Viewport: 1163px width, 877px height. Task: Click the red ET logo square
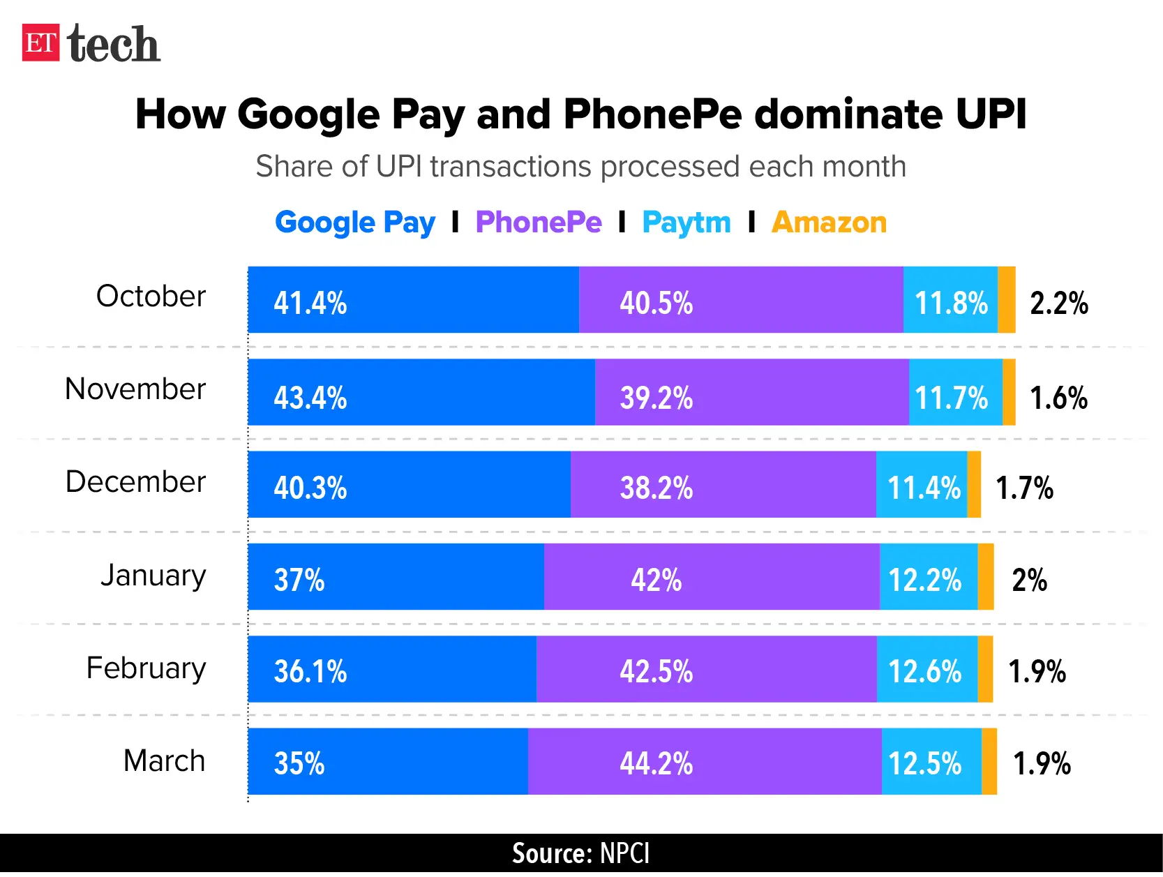40,43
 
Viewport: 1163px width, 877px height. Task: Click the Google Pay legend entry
354,223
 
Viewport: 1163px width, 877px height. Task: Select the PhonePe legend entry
538,223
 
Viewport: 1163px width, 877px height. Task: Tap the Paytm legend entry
686,223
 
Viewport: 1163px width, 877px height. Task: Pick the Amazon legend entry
829,223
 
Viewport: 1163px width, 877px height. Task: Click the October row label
151,297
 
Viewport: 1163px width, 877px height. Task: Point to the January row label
153,576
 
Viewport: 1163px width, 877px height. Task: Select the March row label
164,760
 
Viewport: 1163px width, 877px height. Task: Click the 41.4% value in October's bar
310,303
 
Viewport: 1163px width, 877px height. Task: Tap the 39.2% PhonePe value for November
656,398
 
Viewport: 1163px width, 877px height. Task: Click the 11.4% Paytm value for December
924,488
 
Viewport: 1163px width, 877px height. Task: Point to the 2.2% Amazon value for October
1058,303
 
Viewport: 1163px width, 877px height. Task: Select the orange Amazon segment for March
989,761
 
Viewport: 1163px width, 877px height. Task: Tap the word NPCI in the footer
624,853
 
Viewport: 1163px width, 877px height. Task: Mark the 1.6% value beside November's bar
1058,398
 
